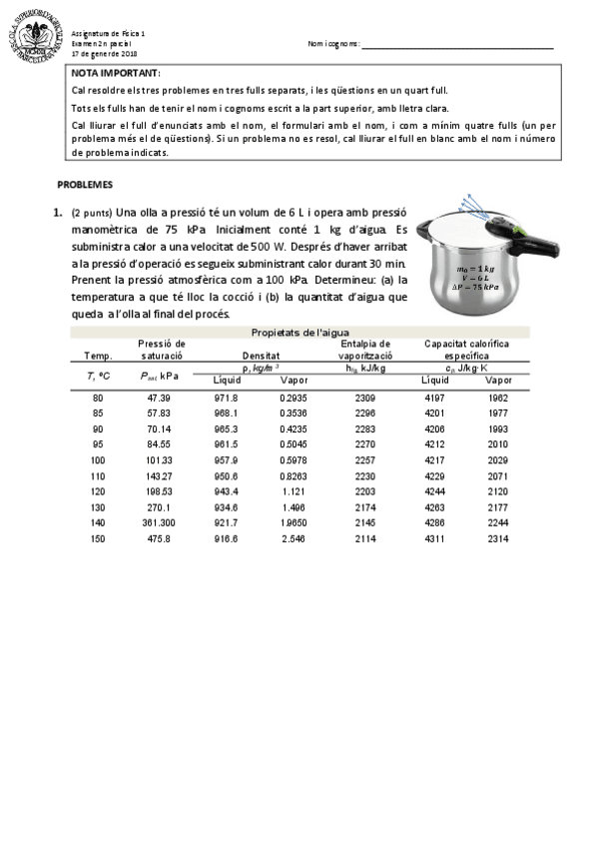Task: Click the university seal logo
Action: tap(36, 37)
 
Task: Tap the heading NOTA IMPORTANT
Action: tap(116, 74)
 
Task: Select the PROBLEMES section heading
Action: tap(85, 185)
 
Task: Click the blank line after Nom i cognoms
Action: tap(457, 45)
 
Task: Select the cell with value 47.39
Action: tap(160, 398)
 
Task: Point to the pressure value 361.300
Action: tap(160, 523)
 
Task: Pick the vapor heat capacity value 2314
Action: tap(497, 539)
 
